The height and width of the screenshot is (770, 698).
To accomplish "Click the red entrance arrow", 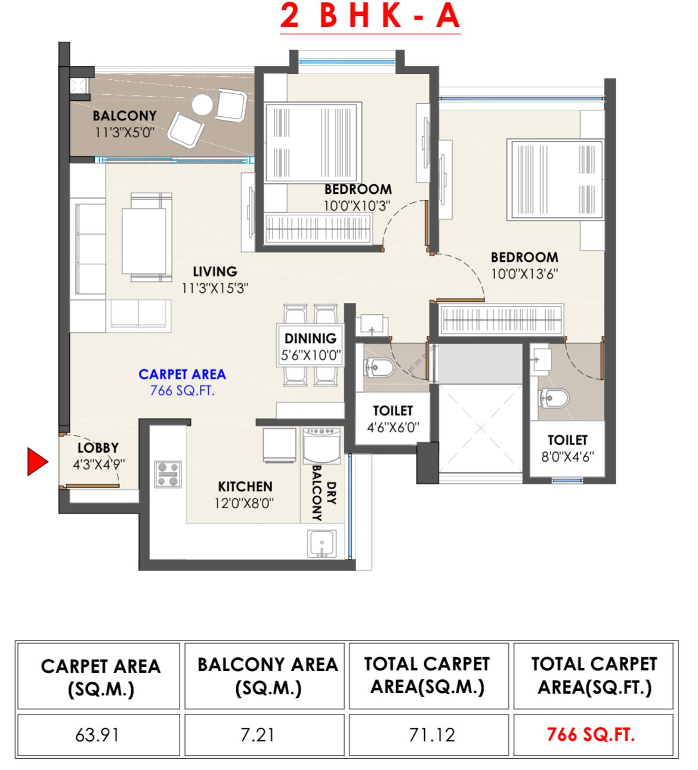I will click(37, 462).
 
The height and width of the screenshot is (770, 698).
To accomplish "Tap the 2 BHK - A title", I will click(370, 16).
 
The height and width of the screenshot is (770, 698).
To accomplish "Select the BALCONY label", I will click(124, 116).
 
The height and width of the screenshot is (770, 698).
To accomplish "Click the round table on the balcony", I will click(202, 105).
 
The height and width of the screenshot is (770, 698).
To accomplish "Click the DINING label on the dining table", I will click(310, 339).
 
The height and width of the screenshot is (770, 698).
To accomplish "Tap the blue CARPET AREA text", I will click(182, 375).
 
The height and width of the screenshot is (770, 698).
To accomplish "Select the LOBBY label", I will click(98, 448).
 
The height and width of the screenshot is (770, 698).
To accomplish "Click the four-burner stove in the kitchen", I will click(168, 475).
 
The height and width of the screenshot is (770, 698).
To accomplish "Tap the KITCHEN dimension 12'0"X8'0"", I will click(244, 503).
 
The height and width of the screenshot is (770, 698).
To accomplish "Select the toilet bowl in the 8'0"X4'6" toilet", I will click(553, 398).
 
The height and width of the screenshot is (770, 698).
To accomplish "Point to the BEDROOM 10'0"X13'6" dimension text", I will click(524, 274).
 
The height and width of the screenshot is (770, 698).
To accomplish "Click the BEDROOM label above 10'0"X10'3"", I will click(358, 190).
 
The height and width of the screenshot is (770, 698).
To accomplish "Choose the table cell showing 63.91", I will click(98, 735).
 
